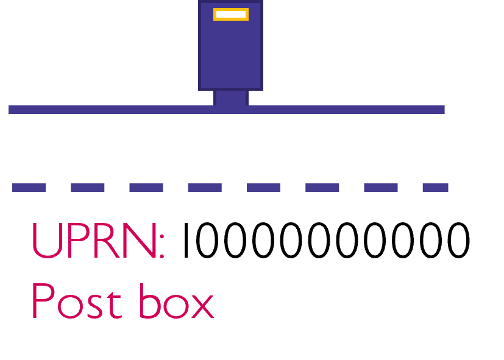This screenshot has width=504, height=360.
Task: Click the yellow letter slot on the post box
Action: tap(230, 14)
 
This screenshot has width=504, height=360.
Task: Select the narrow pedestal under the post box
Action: tap(231, 97)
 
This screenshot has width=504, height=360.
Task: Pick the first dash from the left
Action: tap(29, 188)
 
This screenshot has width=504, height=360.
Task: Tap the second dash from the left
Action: tap(88, 188)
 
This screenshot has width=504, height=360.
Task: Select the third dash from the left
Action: tap(146, 188)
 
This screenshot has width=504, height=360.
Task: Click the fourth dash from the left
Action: tap(205, 188)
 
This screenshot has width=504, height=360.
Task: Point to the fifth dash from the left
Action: tap(263, 188)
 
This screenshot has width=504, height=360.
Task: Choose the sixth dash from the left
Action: tap(322, 188)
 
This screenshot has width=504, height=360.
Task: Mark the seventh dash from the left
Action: tap(381, 188)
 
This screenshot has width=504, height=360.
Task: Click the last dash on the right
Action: tap(435, 188)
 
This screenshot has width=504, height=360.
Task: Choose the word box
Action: tap(176, 302)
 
